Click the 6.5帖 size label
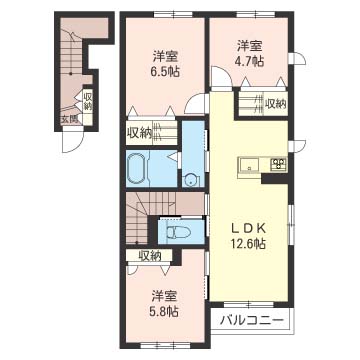[165, 73]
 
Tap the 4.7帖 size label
[249, 61]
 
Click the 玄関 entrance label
[67, 119]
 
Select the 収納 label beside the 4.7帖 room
[274, 102]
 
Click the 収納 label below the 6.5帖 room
[140, 131]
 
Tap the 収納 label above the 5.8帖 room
[151, 256]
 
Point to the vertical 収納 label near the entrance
[88, 102]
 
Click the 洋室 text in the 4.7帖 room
[249, 45]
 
